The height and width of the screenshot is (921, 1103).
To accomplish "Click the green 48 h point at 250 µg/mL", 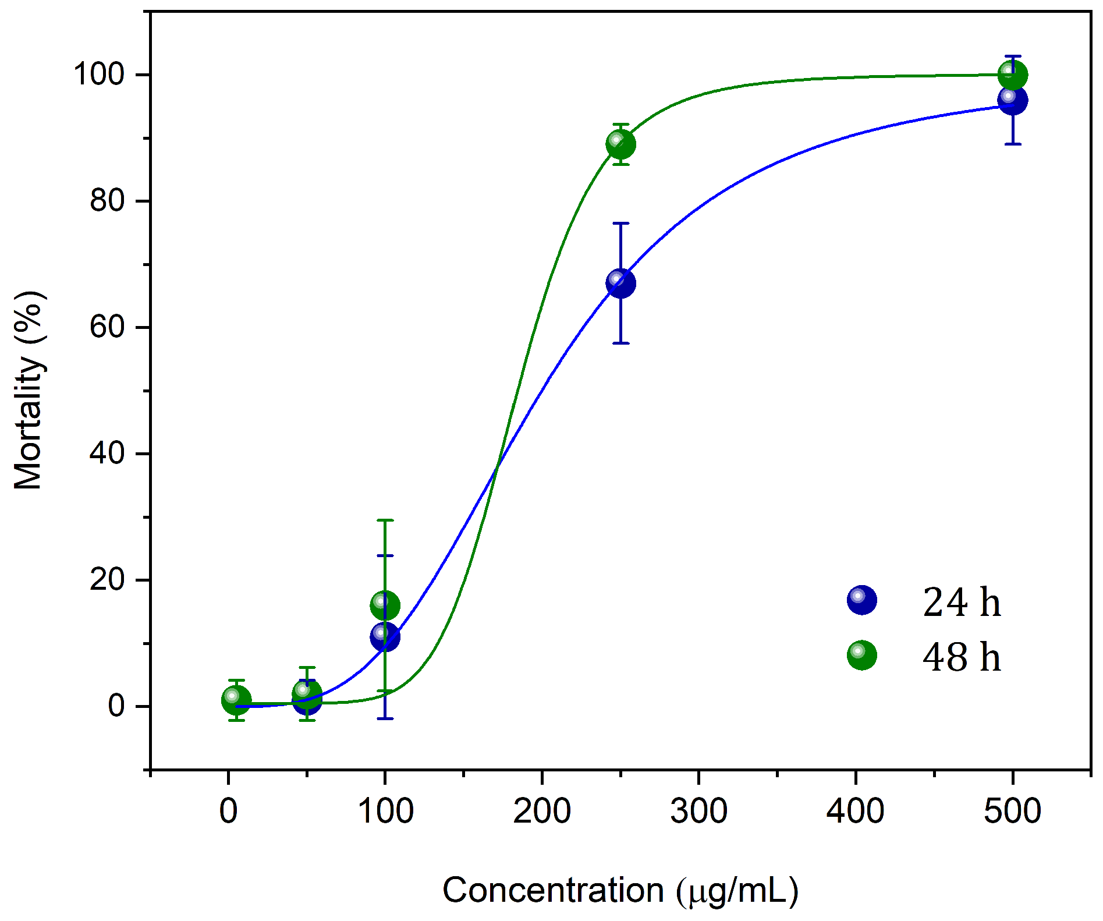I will pyautogui.click(x=620, y=144).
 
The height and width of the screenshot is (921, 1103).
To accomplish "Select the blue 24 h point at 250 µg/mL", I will pyautogui.click(x=620, y=284).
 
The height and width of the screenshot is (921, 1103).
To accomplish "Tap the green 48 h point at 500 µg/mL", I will pyautogui.click(x=1013, y=75).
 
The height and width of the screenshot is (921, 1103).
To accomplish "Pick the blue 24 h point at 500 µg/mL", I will pyautogui.click(x=1013, y=101).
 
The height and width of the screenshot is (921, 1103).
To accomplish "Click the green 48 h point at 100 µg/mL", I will pyautogui.click(x=385, y=605).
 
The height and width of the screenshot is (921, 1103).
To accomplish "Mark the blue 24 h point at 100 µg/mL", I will pyautogui.click(x=385, y=637).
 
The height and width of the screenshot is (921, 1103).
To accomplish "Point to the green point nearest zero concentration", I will pyautogui.click(x=236, y=700).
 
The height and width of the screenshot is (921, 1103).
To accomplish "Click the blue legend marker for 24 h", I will pyautogui.click(x=862, y=600).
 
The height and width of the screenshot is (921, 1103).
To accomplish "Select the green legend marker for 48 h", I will pyautogui.click(x=862, y=655).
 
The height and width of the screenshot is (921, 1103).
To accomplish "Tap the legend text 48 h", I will pyautogui.click(x=962, y=657).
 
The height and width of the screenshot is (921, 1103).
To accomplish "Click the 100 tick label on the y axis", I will pyautogui.click(x=99, y=75).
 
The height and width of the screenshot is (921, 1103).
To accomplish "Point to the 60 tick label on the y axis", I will pyautogui.click(x=107, y=327).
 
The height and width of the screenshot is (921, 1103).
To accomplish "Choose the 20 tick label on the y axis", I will pyautogui.click(x=107, y=580).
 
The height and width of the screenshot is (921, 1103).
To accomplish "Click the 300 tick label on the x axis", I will pyautogui.click(x=698, y=811).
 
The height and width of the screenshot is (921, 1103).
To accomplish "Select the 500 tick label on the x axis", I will pyautogui.click(x=1012, y=811).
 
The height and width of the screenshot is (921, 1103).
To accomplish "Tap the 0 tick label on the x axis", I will pyautogui.click(x=229, y=811).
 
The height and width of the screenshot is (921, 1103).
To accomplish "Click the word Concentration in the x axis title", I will pyautogui.click(x=553, y=890).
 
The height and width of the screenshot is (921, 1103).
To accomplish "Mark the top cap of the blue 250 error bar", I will pyautogui.click(x=620, y=223).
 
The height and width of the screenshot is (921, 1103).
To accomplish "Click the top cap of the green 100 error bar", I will pyautogui.click(x=385, y=520).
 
